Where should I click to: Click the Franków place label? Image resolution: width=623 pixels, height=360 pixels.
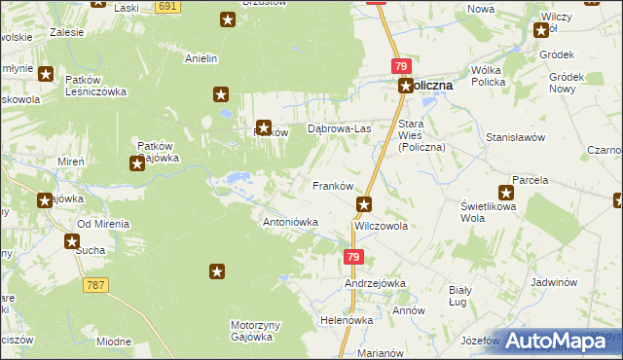coord(330,185)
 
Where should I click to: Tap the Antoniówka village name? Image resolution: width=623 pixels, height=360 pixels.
coord(292,222)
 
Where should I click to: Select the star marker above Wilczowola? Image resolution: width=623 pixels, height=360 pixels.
coord(364,204)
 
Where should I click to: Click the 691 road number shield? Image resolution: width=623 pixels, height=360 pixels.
coord(167,6)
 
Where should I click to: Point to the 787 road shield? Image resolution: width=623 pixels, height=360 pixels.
coord(95,285)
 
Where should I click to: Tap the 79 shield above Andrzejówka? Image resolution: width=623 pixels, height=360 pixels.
coord(353,257)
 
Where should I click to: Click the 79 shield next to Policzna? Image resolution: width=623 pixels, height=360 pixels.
coord(401,66)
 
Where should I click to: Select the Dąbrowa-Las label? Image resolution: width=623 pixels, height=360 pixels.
coord(340,128)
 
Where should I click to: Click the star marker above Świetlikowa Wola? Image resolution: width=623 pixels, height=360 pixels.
coord(506,193)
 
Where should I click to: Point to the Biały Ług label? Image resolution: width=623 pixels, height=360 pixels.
coord(458,296)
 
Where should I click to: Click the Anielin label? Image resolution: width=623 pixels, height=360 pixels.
coord(201,57)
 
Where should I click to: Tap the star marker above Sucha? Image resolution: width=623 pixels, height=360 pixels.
coord(72,240)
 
